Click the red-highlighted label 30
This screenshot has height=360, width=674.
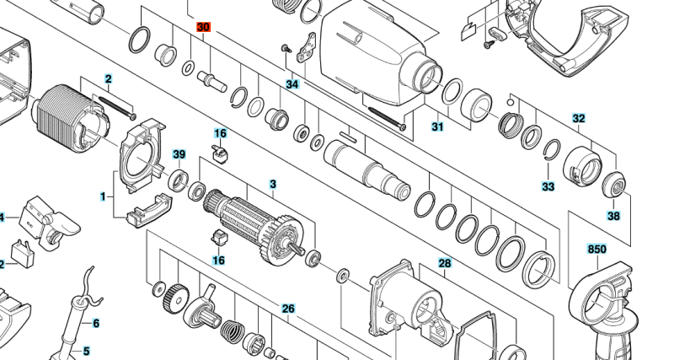pos(204,28)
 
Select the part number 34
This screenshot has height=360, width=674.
pos(292,85)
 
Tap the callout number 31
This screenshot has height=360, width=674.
pos(437,127)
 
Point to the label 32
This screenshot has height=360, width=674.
pos(579,119)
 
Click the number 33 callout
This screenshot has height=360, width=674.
pos(548,186)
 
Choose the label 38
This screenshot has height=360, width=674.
pos(613,216)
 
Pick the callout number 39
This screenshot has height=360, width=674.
pos(179,154)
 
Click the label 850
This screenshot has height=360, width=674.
pos(596,249)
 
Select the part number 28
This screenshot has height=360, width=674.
pos(445,264)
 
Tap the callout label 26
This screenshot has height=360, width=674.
pos(288,309)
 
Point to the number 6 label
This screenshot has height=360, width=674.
pos(96,323)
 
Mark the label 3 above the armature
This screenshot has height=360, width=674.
pos(272,184)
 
